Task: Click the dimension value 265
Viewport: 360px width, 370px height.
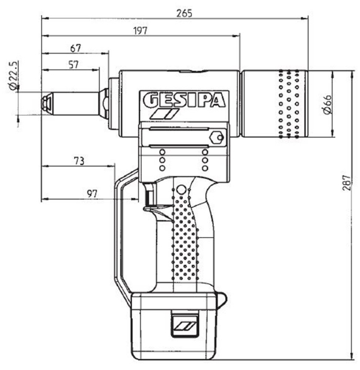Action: pyautogui.click(x=182, y=13)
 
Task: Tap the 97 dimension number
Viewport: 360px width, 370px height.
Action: pyautogui.click(x=91, y=194)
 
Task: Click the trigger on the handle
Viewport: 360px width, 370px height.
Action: pyautogui.click(x=149, y=199)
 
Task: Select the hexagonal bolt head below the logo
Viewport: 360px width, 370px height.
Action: pyautogui.click(x=217, y=137)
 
